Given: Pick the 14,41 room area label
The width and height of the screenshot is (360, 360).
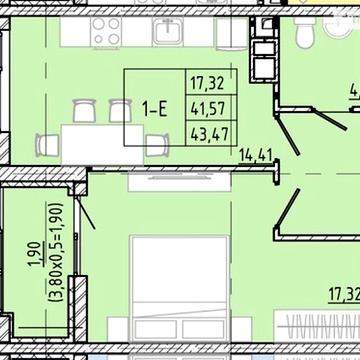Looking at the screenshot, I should [258, 154].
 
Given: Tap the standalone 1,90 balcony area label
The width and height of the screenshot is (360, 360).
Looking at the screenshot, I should [32, 257].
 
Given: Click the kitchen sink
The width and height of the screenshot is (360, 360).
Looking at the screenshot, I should [167, 33].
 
